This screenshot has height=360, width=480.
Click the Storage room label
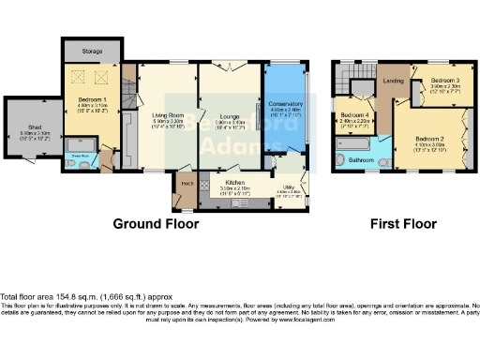92,51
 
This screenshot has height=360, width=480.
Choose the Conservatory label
283,104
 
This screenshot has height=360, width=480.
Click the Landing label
394,81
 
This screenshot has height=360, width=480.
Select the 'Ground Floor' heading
156,224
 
